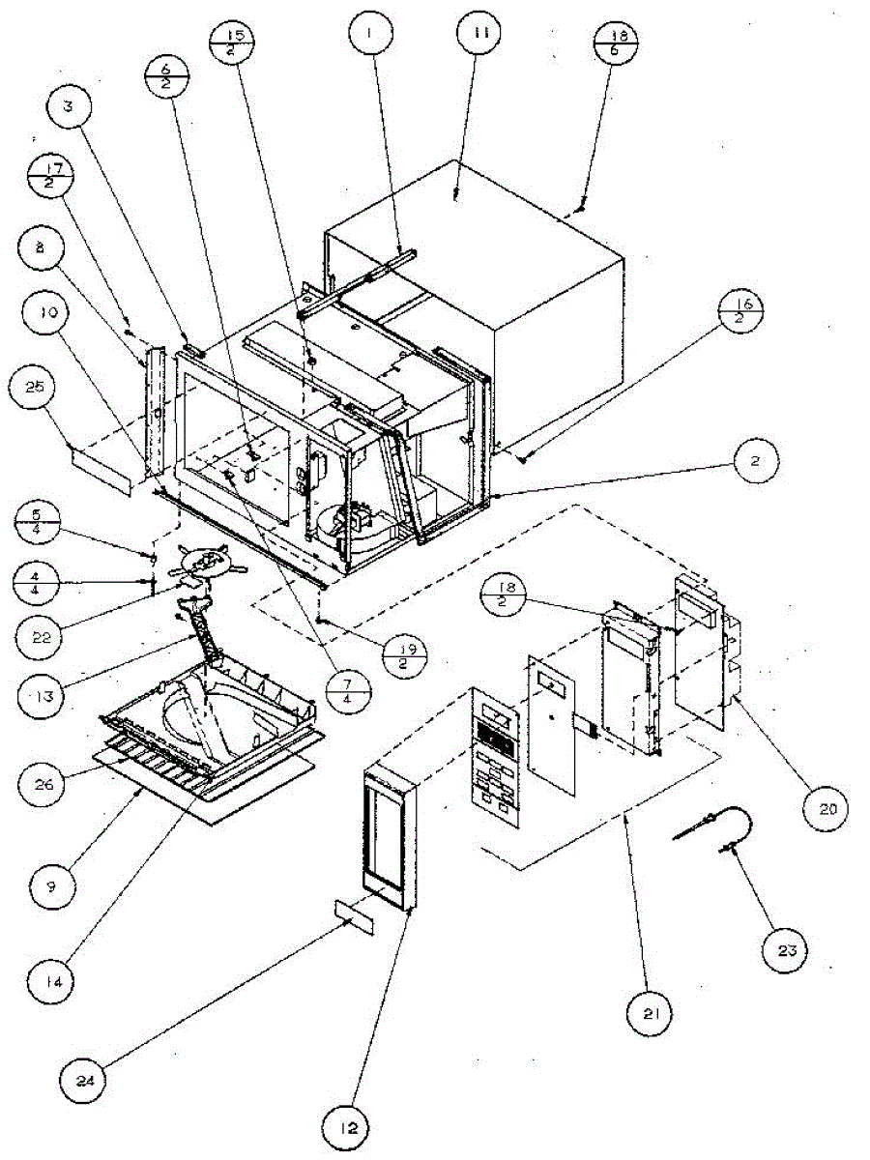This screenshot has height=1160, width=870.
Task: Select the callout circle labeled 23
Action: coord(787,950)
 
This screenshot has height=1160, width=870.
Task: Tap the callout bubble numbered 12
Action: coord(352,1126)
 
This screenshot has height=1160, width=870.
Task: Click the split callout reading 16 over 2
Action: coord(742,315)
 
